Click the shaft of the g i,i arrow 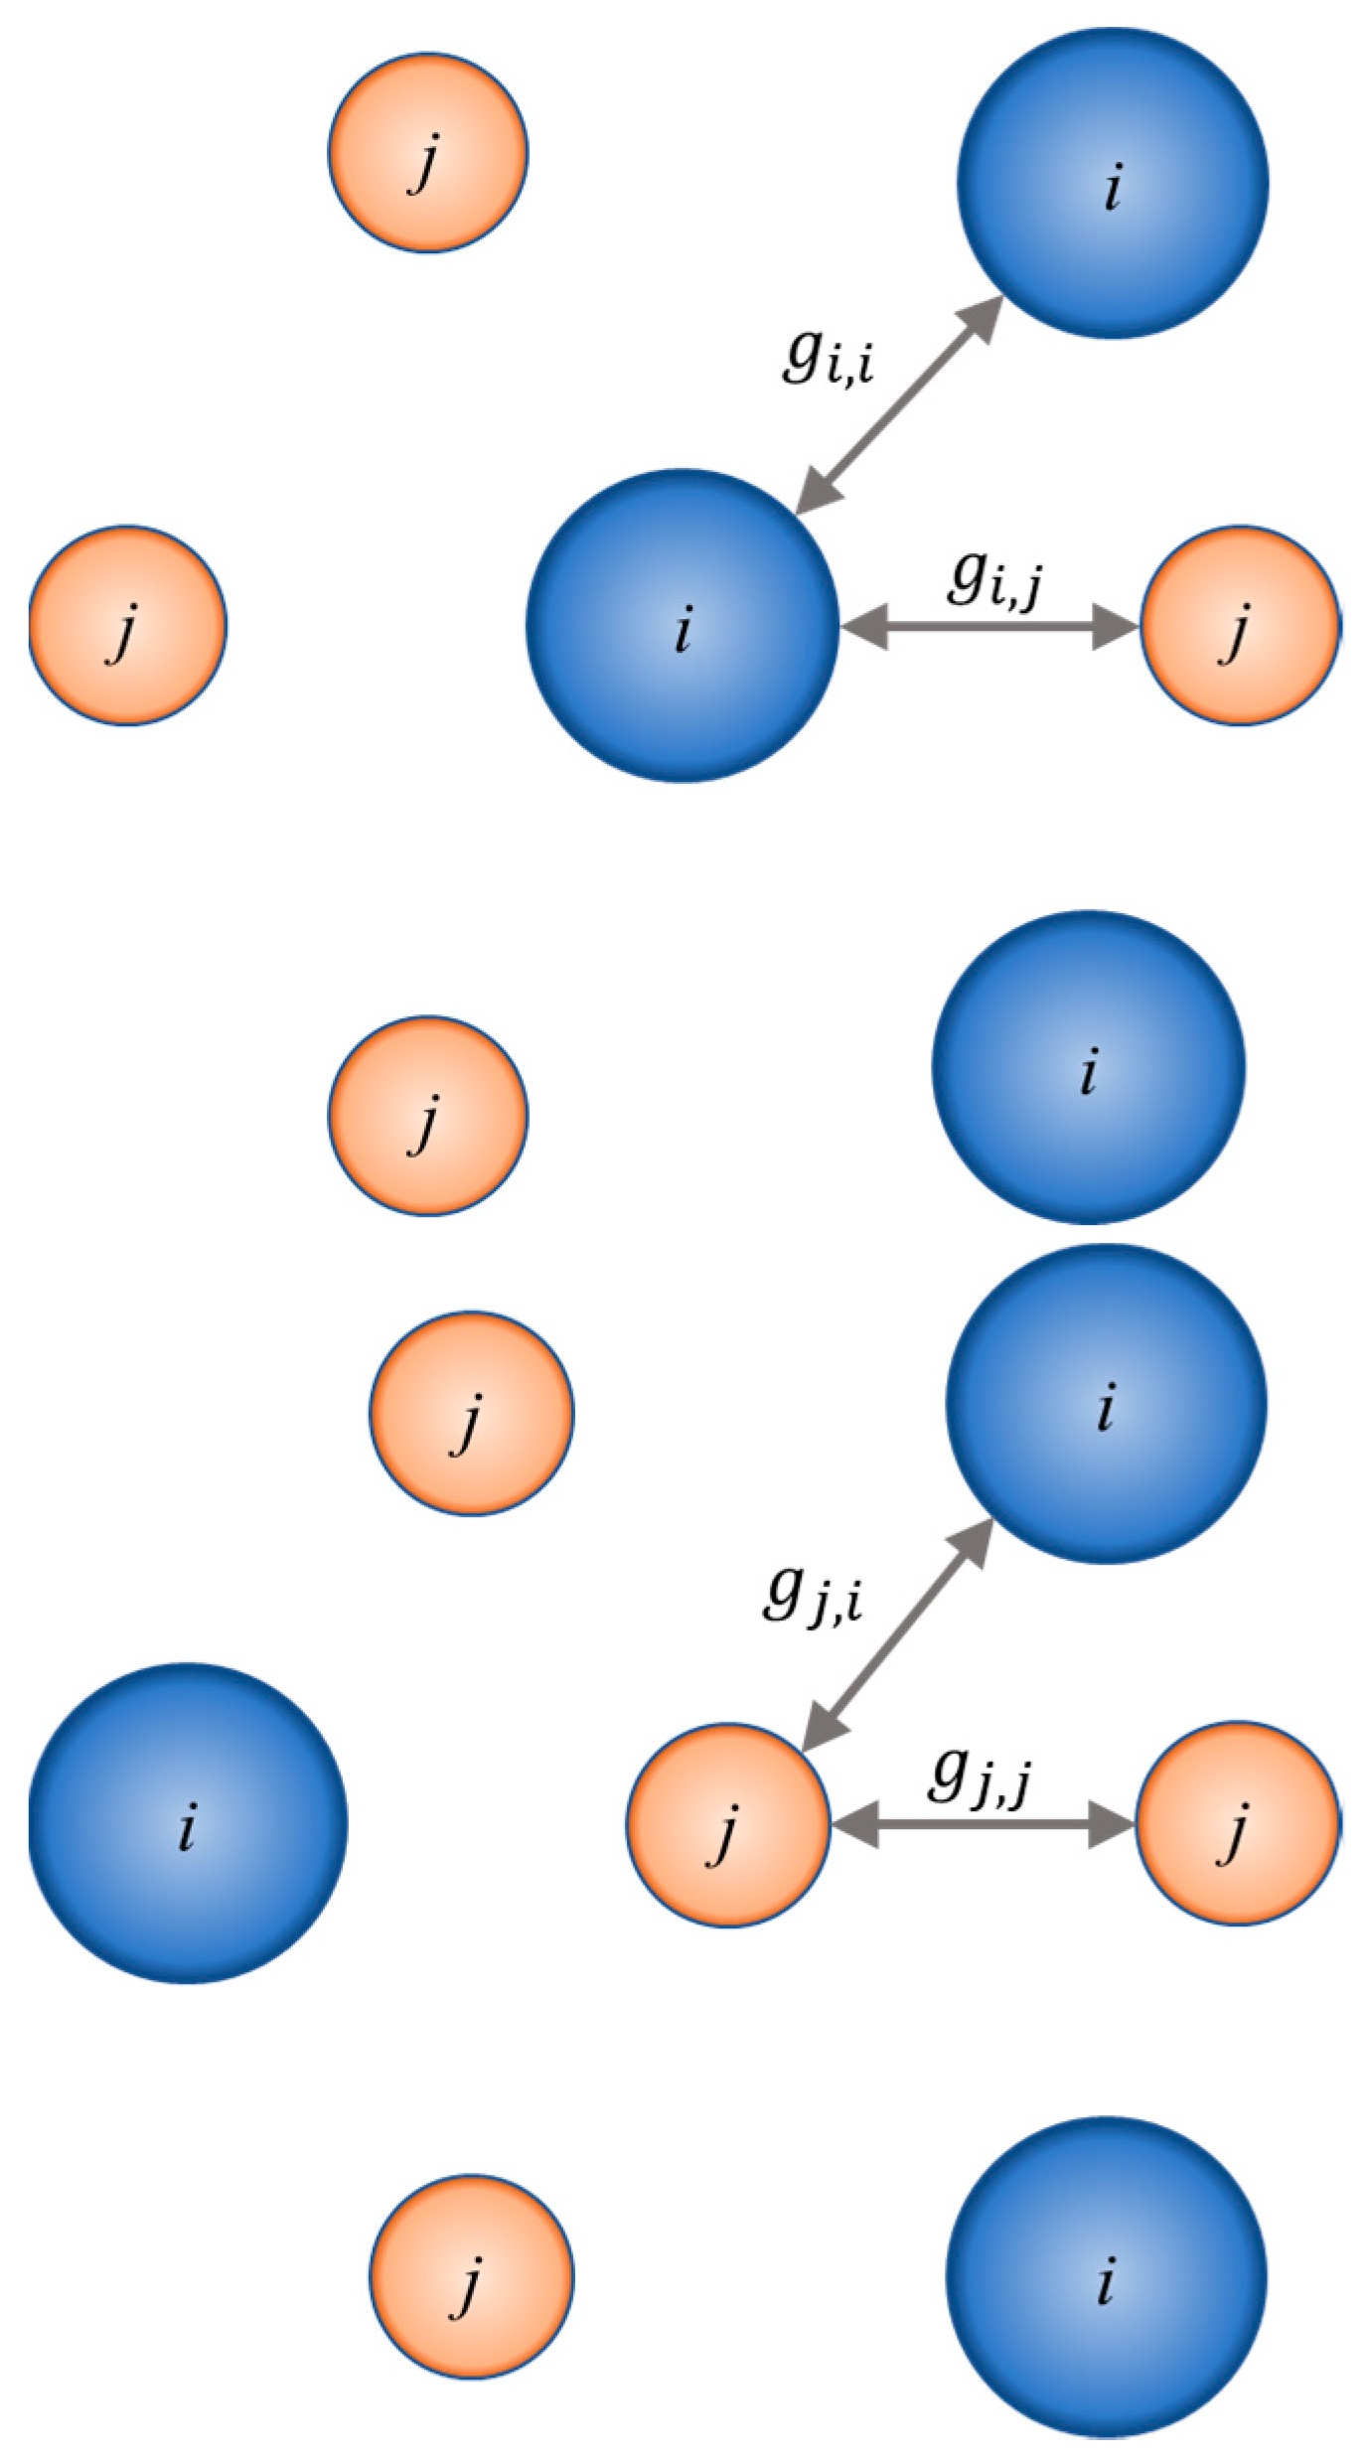899,405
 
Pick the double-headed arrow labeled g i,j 989,627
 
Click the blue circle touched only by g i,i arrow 1112,183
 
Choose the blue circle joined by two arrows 682,626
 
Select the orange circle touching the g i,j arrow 1239,626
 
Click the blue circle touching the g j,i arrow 1105,1403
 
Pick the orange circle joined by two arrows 727,1825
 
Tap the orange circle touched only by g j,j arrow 1238,1823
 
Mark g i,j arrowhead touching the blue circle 862,627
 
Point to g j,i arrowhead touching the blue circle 971,1542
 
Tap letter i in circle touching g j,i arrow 1106,1405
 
